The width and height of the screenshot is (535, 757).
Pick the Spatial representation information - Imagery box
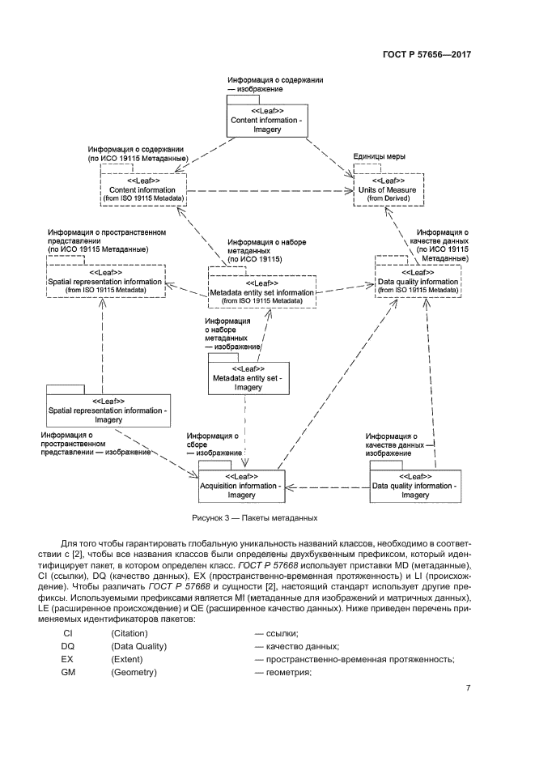pos(108,410)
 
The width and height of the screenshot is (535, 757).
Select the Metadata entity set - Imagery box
pos(248,377)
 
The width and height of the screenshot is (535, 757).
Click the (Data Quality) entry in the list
pos(138,646)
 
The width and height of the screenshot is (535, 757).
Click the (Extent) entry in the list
pos(129,660)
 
